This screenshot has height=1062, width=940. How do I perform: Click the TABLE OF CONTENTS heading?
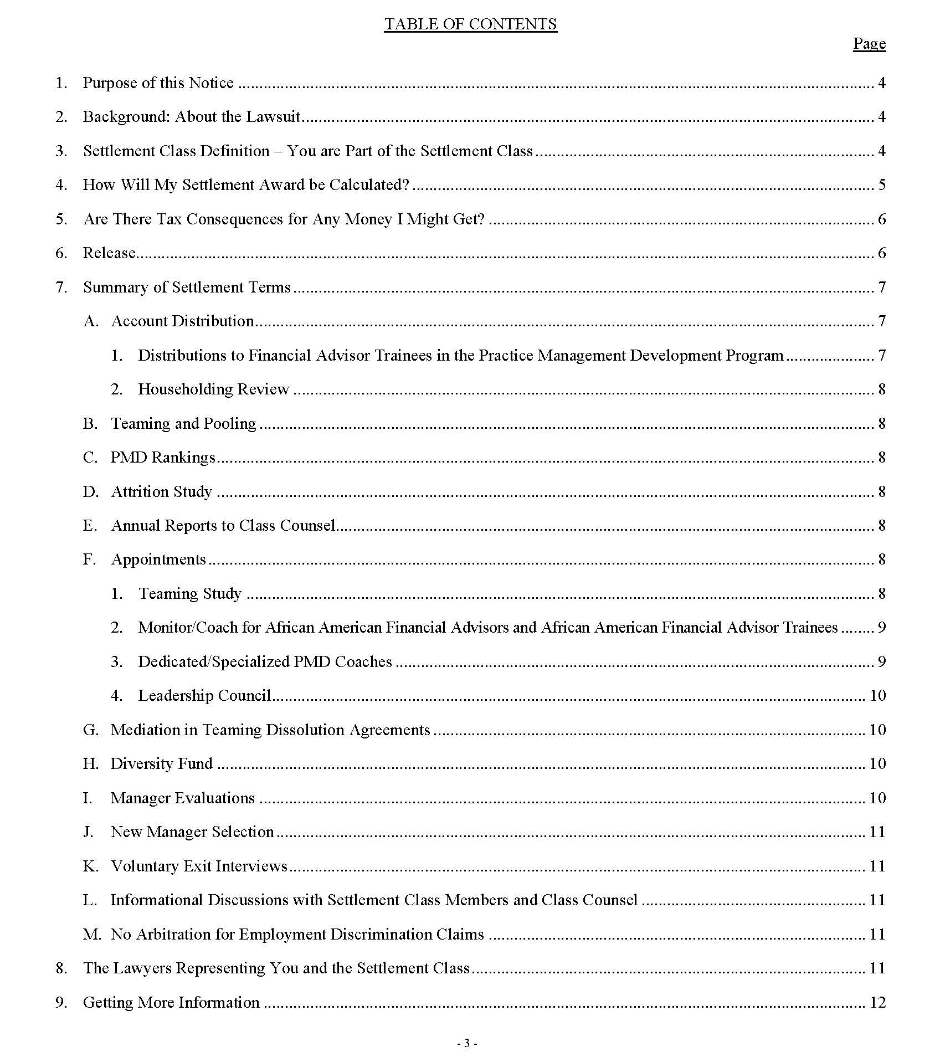[x=470, y=24]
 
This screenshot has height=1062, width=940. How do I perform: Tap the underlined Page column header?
[x=869, y=43]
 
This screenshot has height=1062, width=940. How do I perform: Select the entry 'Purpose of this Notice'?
[x=158, y=83]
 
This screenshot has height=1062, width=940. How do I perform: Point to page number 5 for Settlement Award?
[x=881, y=184]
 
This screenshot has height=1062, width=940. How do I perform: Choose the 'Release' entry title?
[x=109, y=253]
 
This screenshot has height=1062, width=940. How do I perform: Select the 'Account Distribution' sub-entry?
[x=182, y=321]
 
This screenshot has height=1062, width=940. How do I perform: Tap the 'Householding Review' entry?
[x=213, y=389]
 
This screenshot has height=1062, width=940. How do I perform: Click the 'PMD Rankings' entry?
[x=163, y=457]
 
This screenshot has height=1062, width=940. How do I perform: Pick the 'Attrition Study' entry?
[x=162, y=491]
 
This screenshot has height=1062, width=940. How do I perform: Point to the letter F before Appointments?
[x=89, y=559]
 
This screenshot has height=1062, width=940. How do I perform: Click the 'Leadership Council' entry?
[x=204, y=695]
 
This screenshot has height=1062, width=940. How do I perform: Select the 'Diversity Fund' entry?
[x=161, y=763]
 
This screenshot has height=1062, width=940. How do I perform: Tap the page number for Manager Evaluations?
[x=877, y=798]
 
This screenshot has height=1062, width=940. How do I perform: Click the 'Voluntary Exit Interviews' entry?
[x=199, y=866]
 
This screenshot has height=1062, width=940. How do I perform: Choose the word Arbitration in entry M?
[x=174, y=934]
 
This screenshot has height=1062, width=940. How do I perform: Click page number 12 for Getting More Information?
[x=877, y=1002]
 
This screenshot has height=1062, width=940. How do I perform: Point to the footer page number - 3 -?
[x=467, y=1044]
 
